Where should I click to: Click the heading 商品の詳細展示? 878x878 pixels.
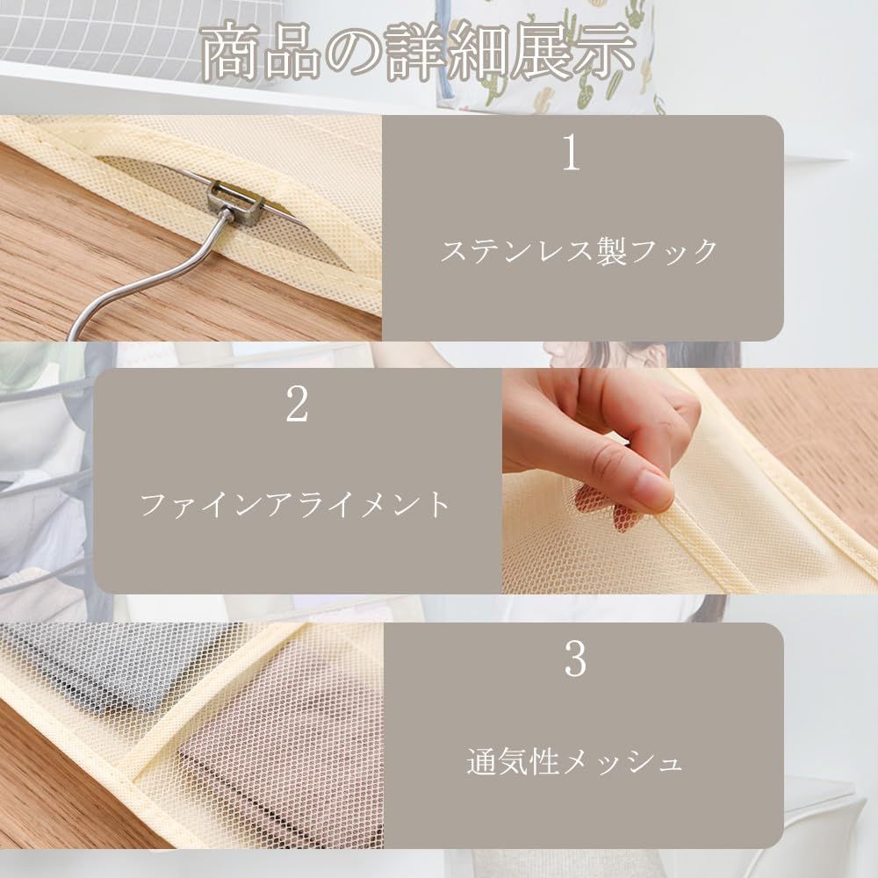(418, 54)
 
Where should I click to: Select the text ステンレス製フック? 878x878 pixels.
(579, 252)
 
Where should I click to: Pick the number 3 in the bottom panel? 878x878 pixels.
(575, 660)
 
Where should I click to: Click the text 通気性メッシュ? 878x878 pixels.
(574, 761)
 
